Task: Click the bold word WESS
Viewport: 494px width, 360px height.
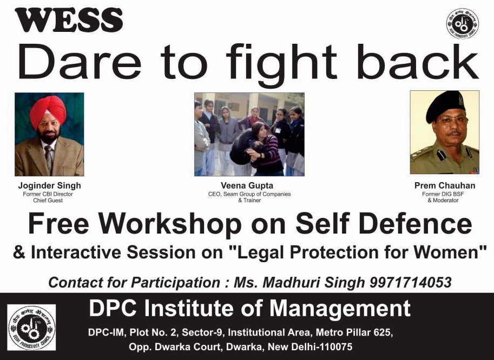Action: click(x=69, y=20)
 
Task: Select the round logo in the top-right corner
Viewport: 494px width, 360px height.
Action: click(x=463, y=24)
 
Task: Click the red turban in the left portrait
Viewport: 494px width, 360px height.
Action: click(x=48, y=110)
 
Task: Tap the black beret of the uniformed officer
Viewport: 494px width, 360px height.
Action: click(x=445, y=106)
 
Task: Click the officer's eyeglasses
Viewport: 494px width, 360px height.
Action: click(x=451, y=121)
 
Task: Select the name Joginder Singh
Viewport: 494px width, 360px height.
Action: click(x=49, y=185)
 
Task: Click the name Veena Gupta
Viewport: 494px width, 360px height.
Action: click(x=247, y=185)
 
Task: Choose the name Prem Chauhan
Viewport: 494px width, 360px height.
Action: click(x=445, y=185)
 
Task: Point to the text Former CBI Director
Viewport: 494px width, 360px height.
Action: click(x=48, y=194)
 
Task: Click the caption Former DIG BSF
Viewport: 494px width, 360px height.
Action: click(x=443, y=194)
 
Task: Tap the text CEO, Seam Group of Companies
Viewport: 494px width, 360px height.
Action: click(x=249, y=194)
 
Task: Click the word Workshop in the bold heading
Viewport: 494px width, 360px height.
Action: click(x=170, y=224)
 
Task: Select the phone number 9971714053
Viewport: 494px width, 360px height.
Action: click(x=411, y=282)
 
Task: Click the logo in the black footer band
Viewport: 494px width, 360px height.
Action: click(x=31, y=327)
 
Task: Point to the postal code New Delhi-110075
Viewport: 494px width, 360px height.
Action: click(x=310, y=347)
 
